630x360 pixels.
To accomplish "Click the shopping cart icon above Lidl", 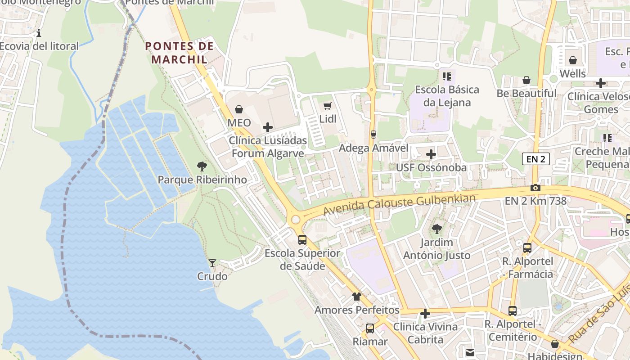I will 327,106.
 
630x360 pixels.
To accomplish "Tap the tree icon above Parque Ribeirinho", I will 202,166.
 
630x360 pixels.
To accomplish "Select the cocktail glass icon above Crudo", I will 212,263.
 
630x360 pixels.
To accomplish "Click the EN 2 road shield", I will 536,158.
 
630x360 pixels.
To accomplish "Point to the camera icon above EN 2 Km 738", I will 535,188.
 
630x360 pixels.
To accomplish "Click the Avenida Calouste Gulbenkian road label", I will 399,204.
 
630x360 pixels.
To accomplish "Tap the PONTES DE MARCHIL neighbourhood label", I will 179,53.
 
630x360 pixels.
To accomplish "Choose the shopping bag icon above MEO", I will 239,109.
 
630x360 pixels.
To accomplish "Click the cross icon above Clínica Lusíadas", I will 268,127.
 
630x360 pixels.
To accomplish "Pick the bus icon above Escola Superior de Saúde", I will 302,239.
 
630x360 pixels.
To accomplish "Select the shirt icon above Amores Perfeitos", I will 357,297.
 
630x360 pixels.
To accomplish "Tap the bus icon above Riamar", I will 370,328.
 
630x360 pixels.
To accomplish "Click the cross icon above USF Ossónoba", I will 431,154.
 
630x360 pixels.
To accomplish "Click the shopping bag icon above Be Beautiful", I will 526,80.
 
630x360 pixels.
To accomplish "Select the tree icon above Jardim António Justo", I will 436,229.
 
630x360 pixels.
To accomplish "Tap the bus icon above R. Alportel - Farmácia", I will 527,248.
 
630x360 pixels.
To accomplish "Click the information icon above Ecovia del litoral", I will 39,33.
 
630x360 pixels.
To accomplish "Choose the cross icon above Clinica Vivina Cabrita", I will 425,313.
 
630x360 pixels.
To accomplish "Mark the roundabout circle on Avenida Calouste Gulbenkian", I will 296,220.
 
